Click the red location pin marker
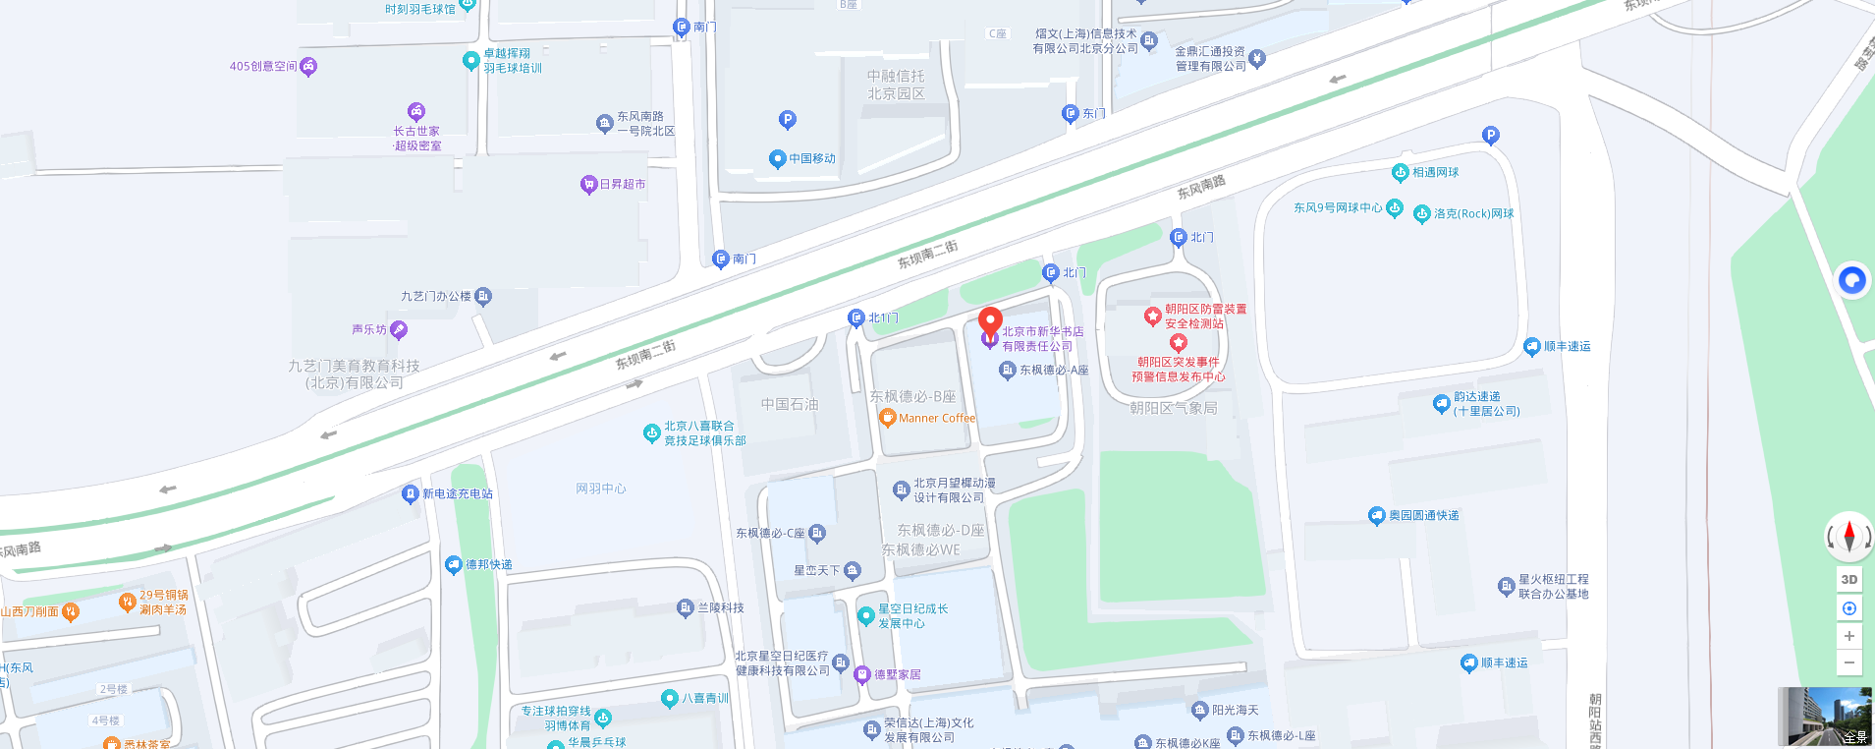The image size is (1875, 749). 990,320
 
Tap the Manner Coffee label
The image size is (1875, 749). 936,418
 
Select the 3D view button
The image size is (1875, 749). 1848,580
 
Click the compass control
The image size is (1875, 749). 1848,537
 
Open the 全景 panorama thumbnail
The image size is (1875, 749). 1824,717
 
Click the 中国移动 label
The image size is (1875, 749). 811,158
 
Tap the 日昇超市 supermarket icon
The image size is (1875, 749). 589,184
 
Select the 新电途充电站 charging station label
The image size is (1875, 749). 457,493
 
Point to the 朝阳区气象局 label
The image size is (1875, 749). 1173,408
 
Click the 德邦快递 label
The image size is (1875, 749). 488,564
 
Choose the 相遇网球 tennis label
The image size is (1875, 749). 1435,172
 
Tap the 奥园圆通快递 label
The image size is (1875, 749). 1423,515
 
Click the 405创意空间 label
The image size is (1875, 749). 262,66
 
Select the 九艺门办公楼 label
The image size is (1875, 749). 435,296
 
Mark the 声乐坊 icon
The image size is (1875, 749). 399,329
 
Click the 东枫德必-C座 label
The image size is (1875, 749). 770,533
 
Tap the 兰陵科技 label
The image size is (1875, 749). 720,607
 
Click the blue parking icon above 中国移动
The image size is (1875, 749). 787,120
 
